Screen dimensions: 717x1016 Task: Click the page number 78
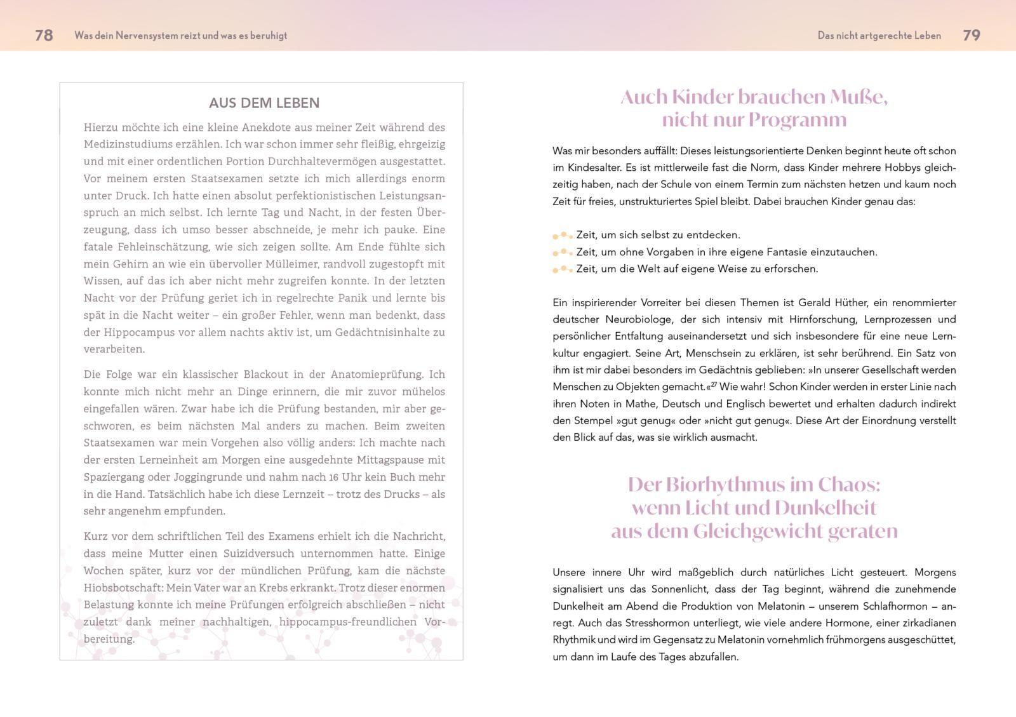44,36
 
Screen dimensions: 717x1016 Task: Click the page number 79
972,36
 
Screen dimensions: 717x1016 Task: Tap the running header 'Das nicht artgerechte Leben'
879,36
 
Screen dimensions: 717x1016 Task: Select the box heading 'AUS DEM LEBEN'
264,103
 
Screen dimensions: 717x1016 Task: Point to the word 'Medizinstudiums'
124,144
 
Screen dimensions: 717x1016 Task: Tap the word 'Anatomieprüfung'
381,375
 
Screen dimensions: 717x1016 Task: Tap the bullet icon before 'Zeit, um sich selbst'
563,236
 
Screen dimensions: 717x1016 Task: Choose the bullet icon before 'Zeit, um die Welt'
563,269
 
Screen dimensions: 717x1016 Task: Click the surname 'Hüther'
846,303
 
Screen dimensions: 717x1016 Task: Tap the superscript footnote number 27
714,384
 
